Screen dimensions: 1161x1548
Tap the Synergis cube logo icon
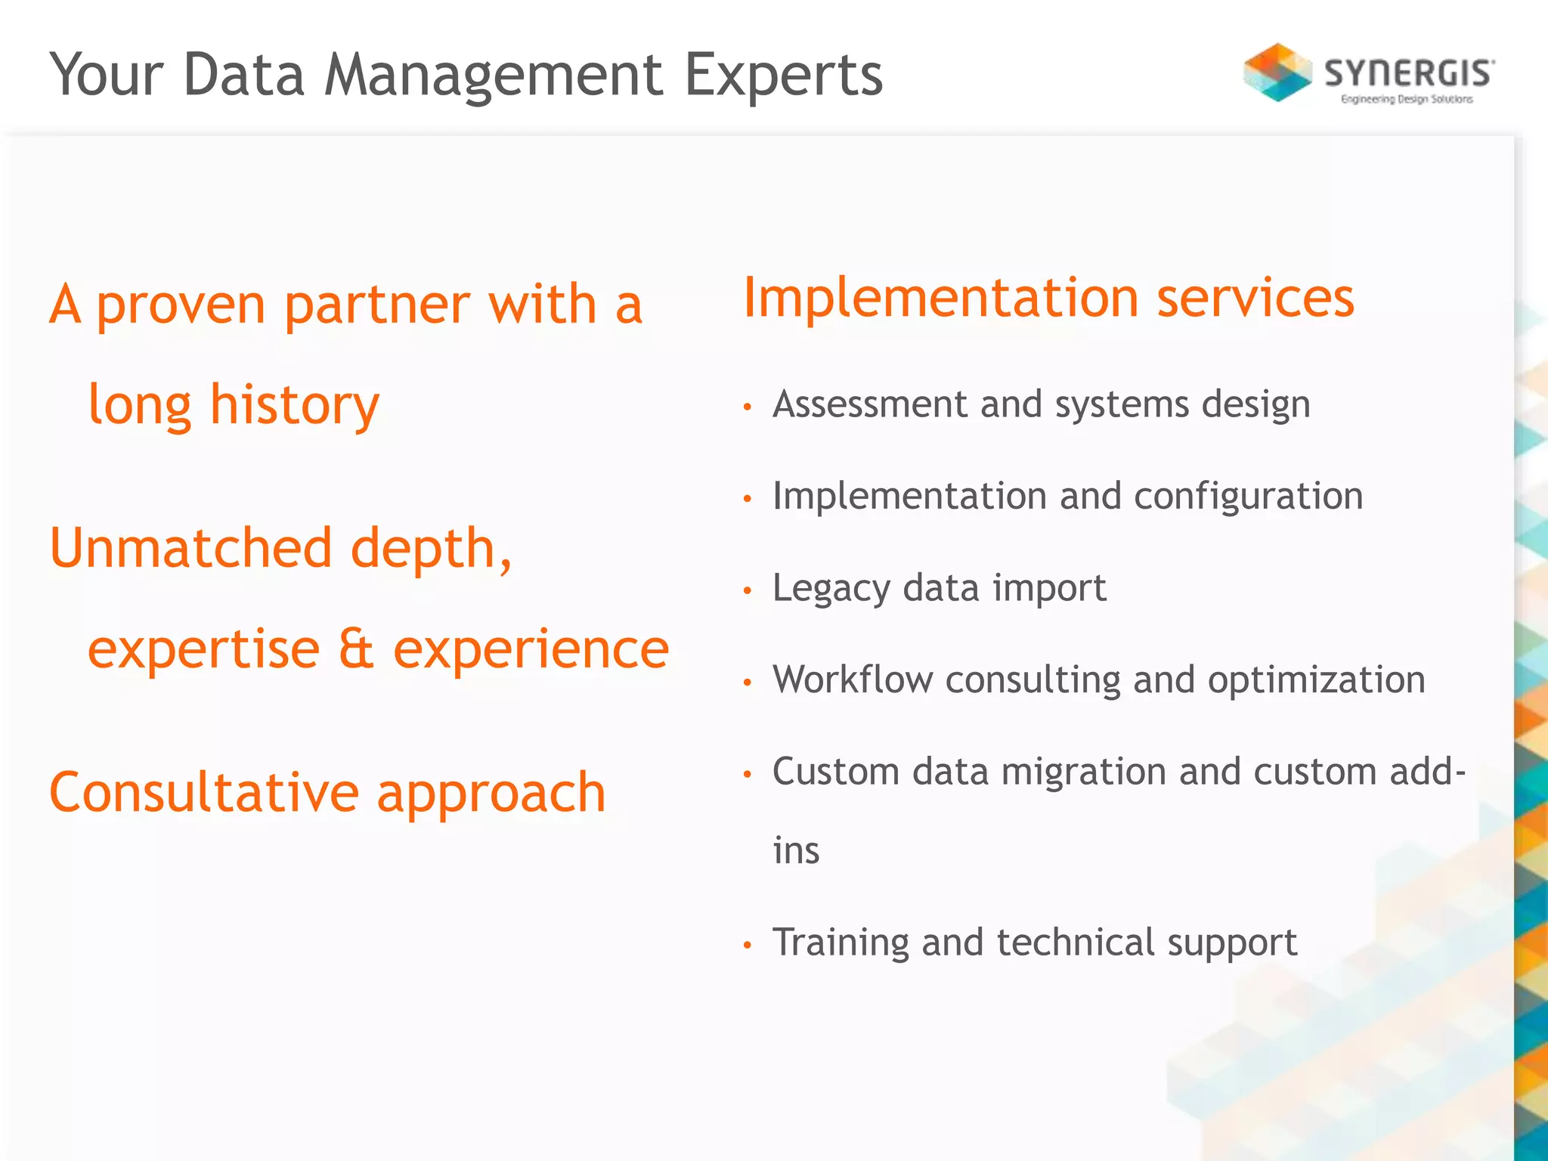point(1277,73)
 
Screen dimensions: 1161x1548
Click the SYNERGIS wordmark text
point(1409,73)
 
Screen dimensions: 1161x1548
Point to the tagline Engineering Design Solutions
point(1407,99)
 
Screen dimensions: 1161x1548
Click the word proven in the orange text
point(181,306)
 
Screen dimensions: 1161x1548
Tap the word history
point(294,406)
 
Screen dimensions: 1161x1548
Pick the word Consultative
point(203,792)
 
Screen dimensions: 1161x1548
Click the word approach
point(491,794)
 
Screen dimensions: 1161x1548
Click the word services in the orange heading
point(1255,298)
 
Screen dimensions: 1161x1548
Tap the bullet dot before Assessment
point(748,407)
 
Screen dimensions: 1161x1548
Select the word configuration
point(1249,497)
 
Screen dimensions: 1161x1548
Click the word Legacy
point(831,589)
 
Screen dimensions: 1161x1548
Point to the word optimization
point(1316,680)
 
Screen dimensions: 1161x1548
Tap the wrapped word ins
point(796,851)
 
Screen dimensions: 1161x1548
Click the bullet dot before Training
point(748,945)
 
